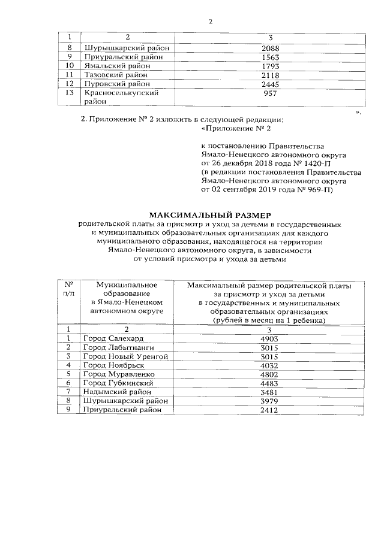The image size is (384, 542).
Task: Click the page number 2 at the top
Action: [x=211, y=22]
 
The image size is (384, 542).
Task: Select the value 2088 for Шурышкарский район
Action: [x=272, y=48]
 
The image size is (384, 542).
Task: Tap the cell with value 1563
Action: [x=272, y=57]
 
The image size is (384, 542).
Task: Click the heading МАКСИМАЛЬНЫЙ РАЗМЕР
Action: [x=210, y=214]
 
